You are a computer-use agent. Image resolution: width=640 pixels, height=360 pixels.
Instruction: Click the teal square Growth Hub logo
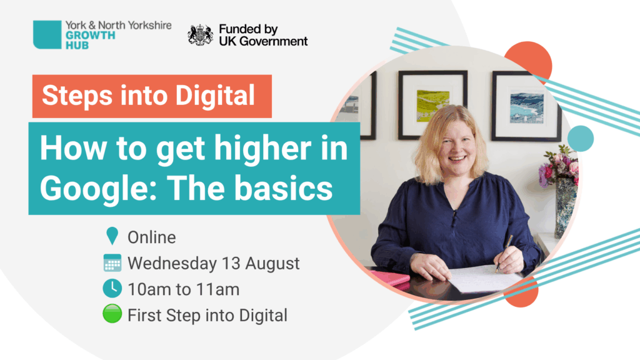tap(47, 35)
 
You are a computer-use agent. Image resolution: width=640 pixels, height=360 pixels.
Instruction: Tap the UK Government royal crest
tap(201, 35)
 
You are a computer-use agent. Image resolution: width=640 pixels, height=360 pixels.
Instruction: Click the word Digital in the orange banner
tap(215, 96)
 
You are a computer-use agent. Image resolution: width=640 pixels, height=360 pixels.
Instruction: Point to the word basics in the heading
tap(285, 188)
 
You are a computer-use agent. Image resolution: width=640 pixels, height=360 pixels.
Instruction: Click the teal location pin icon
tap(112, 236)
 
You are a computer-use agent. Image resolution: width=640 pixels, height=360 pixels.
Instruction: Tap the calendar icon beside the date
tap(112, 263)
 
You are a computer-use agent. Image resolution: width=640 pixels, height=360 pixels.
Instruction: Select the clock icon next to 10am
tap(112, 289)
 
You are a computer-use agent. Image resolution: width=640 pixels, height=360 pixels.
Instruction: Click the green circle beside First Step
tap(112, 314)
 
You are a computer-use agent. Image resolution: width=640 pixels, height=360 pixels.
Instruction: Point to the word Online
tap(152, 237)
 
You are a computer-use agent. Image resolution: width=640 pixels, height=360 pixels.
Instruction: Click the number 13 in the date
tap(231, 263)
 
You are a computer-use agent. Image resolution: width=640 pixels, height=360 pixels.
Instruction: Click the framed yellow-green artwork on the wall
tap(432, 105)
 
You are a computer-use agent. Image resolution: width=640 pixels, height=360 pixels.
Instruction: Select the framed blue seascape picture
tap(526, 106)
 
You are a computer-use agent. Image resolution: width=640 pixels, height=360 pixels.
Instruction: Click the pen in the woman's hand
tap(504, 253)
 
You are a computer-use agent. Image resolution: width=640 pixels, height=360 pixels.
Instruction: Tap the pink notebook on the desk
tap(390, 278)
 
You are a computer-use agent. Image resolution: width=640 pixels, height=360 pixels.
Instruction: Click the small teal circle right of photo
tap(581, 139)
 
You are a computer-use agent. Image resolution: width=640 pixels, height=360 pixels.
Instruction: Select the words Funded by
tap(248, 30)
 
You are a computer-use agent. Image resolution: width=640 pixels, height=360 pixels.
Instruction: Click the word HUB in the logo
tap(77, 45)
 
